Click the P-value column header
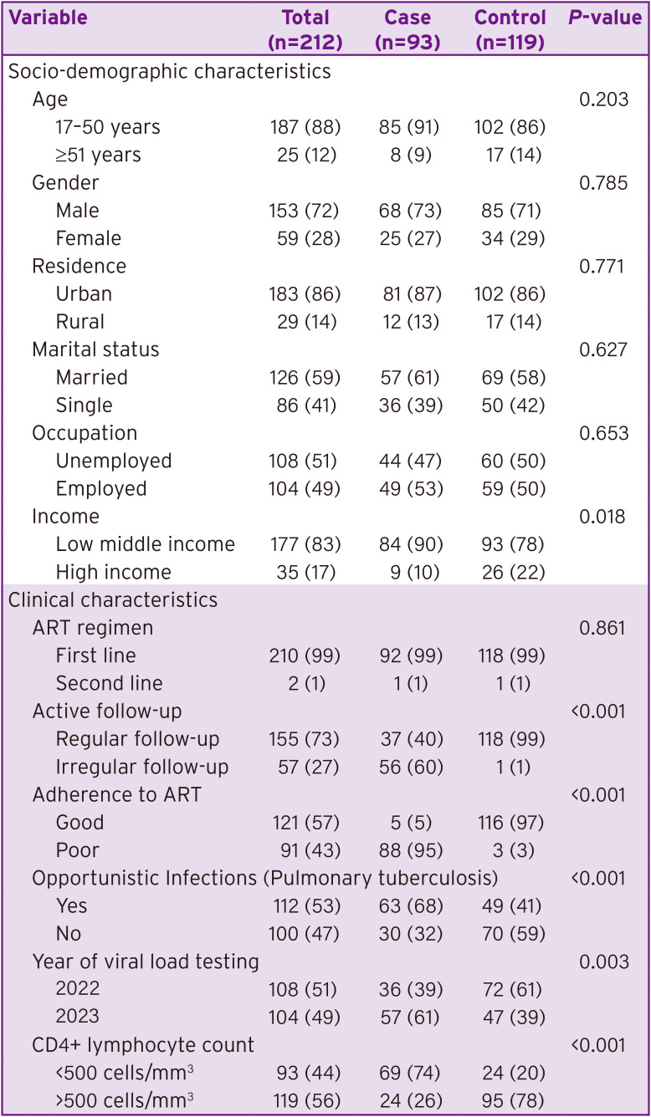pyautogui.click(x=604, y=18)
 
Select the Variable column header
pyautogui.click(x=48, y=18)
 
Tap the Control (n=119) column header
pyautogui.click(x=510, y=29)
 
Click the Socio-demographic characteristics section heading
pyautogui.click(x=170, y=72)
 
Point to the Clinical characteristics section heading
pyautogui.click(x=113, y=599)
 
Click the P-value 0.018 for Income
pyautogui.click(x=603, y=517)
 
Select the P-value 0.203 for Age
pyautogui.click(x=603, y=99)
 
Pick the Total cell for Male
pyautogui.click(x=309, y=211)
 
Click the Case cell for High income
pyautogui.click(x=408, y=572)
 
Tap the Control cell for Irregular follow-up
pyautogui.click(x=510, y=767)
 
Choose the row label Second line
pyautogui.click(x=110, y=683)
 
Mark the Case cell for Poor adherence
pyautogui.click(x=408, y=850)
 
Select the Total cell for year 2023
pyautogui.click(x=309, y=1017)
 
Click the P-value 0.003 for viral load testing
pyautogui.click(x=603, y=961)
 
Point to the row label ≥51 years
pyautogui.click(x=99, y=155)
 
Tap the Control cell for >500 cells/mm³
pyautogui.click(x=510, y=1100)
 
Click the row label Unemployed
pyautogui.click(x=114, y=461)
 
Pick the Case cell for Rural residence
pyautogui.click(x=408, y=322)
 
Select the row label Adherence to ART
pyautogui.click(x=117, y=794)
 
